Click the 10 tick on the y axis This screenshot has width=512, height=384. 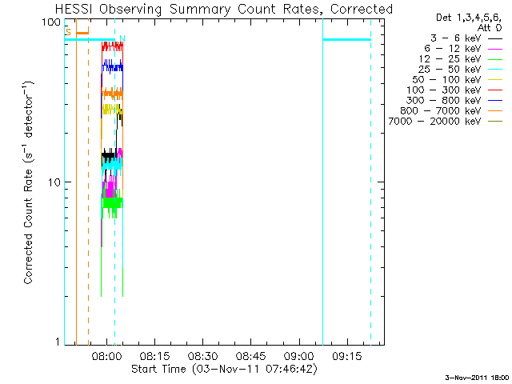[54, 182]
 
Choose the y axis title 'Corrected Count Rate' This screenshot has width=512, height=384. [28, 182]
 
